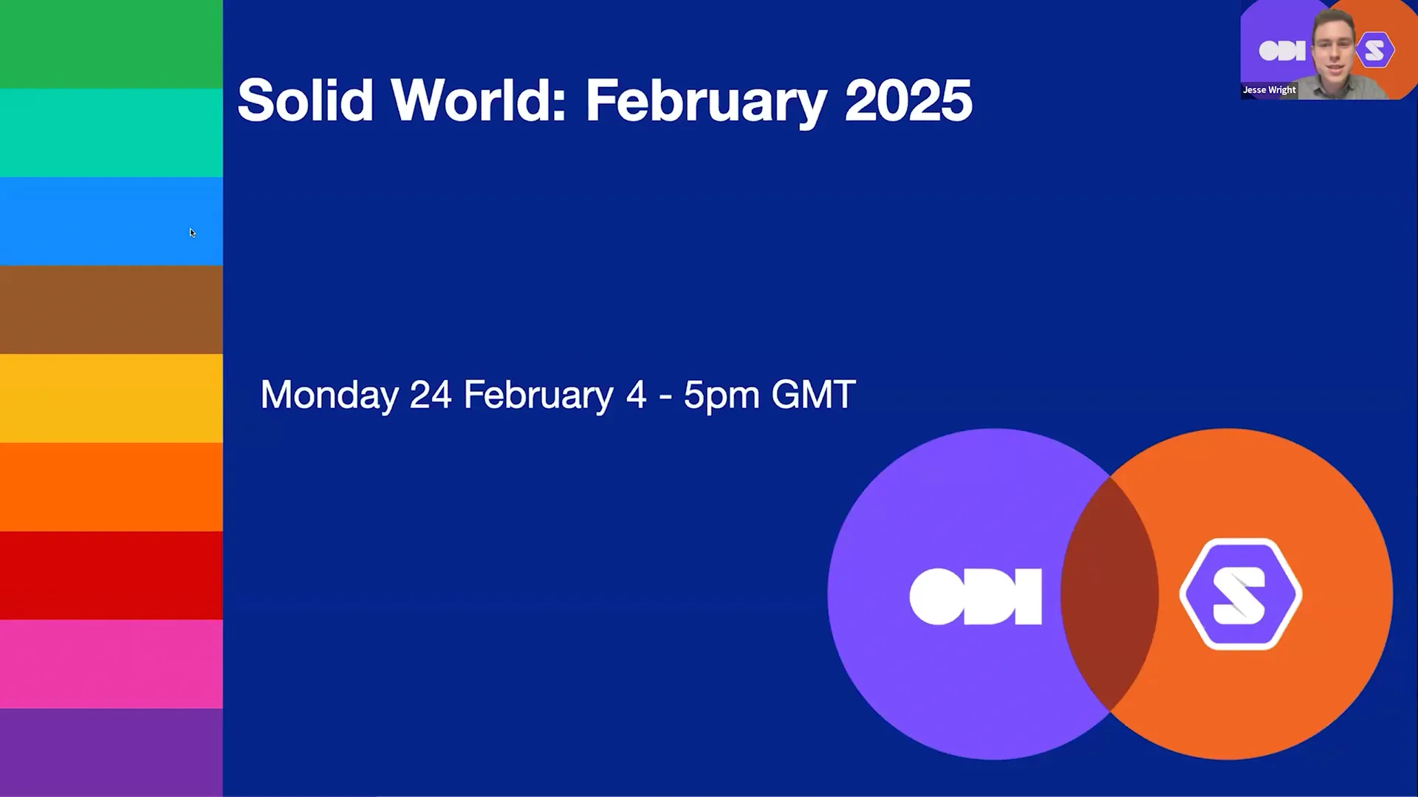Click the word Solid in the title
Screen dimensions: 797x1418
(x=305, y=100)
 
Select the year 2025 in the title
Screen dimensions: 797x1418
(x=908, y=100)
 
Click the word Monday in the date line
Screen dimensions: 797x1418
(x=329, y=395)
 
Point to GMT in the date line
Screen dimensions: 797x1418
(x=813, y=395)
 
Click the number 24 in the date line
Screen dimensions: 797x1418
(x=431, y=395)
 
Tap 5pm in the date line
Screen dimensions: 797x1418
(x=721, y=395)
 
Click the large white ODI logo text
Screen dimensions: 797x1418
(x=976, y=596)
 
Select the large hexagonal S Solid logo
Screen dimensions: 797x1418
(x=1241, y=595)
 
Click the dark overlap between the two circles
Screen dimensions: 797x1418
(x=1110, y=595)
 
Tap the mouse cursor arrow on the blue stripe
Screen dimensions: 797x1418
(x=192, y=232)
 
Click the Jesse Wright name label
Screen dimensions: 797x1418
(x=1269, y=90)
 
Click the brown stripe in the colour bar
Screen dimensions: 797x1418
(x=111, y=310)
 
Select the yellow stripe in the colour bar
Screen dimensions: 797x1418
(x=111, y=398)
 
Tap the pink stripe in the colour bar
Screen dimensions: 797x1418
(x=111, y=664)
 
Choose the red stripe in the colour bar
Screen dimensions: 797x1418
(x=111, y=576)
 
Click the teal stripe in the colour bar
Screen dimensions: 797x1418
(x=111, y=133)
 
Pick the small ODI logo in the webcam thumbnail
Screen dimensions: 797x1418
(x=1281, y=51)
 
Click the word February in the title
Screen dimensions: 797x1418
(x=705, y=100)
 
